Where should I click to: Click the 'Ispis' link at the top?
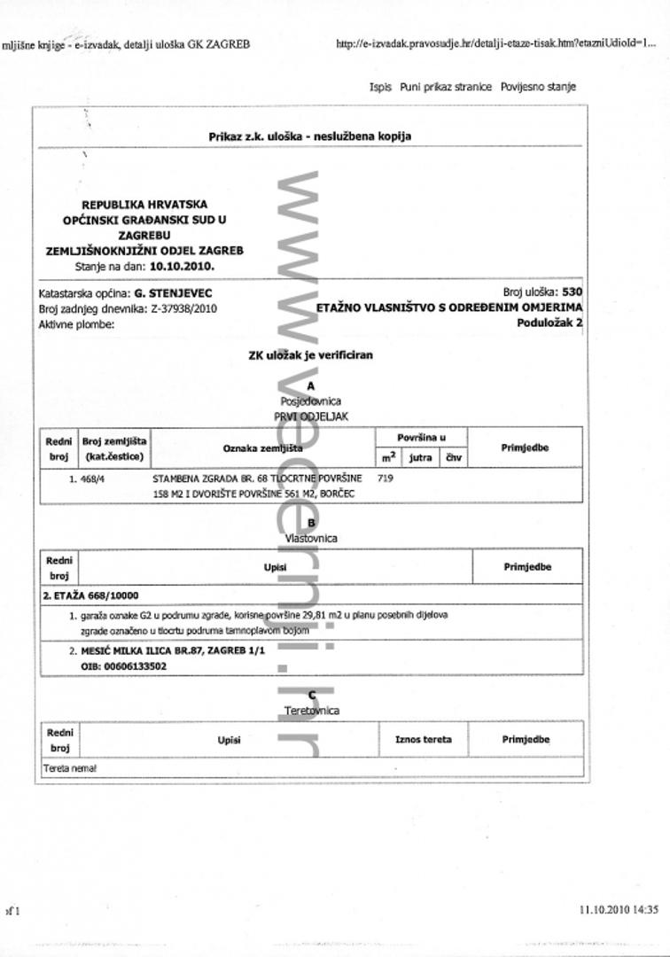[380, 87]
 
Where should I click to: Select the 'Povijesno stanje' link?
[538, 87]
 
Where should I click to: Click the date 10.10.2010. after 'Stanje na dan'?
[182, 265]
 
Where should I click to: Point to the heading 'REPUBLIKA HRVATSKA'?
[144, 205]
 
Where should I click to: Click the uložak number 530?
[573, 292]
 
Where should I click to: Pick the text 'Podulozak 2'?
[549, 323]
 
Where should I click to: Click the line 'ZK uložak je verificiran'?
[310, 355]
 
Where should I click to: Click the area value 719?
[385, 478]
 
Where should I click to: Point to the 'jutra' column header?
[421, 458]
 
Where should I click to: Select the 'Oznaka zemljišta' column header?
[262, 448]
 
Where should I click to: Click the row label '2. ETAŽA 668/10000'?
[90, 595]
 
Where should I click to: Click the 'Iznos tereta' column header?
[423, 739]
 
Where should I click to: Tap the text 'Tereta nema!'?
[70, 768]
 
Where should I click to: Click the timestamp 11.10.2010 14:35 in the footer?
[619, 909]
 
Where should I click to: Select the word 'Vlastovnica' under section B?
[310, 538]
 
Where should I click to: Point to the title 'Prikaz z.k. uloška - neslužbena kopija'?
[309, 136]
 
